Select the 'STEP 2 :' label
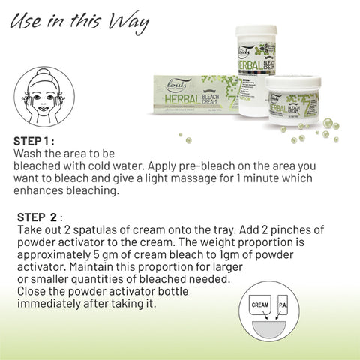point(37,217)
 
